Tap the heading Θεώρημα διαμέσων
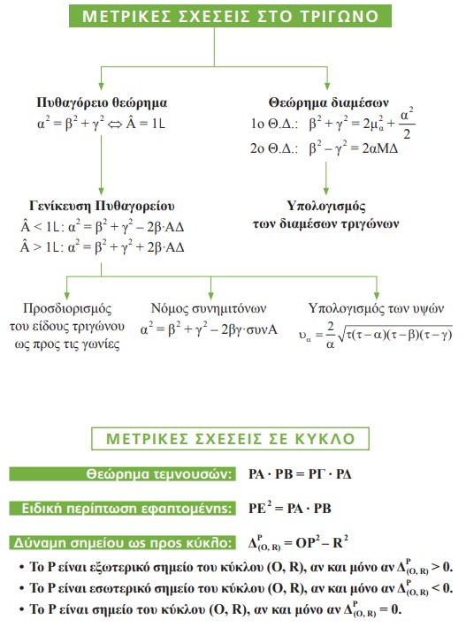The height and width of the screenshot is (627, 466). (x=327, y=102)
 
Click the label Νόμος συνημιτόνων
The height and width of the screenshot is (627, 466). (x=210, y=309)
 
